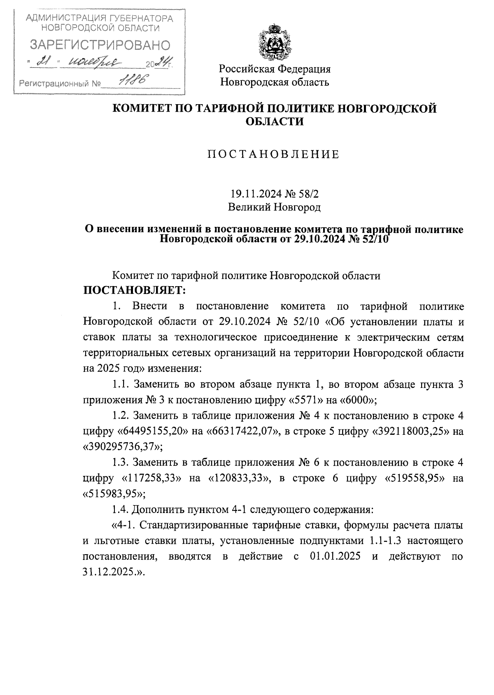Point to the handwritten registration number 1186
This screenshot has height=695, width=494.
pyautogui.click(x=133, y=81)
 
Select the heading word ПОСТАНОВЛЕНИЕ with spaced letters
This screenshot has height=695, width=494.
pyautogui.click(x=273, y=155)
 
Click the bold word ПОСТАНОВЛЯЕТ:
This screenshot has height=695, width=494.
pyautogui.click(x=135, y=291)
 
